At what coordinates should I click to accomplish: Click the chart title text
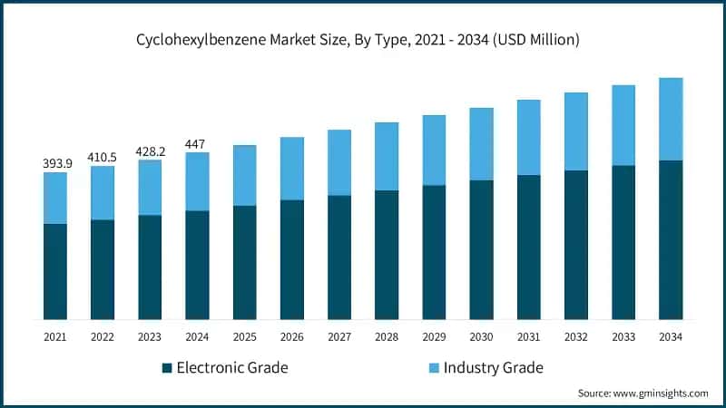[363, 40]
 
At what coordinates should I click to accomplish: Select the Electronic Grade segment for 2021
[55, 271]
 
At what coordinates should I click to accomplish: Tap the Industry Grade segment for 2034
[671, 119]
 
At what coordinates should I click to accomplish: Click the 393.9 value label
[55, 163]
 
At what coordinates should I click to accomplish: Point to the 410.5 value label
[103, 157]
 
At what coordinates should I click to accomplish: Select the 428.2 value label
[150, 151]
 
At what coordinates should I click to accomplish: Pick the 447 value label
[197, 143]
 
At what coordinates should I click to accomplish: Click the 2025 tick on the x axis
[245, 337]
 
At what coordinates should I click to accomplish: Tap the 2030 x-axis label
[481, 337]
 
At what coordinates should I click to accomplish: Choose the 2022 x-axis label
[103, 337]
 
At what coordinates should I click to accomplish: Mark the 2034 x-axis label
[671, 337]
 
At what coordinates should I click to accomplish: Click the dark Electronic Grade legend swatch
[166, 368]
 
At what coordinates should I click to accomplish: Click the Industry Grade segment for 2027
[339, 162]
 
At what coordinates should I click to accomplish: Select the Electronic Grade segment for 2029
[434, 252]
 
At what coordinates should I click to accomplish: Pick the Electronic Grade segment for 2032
[576, 245]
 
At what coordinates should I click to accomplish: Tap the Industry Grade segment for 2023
[150, 188]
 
